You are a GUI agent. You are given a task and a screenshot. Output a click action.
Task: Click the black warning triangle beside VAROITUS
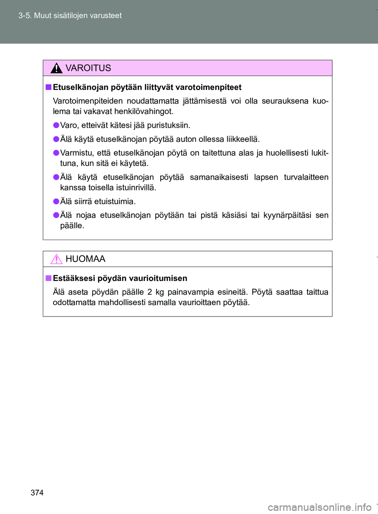56,68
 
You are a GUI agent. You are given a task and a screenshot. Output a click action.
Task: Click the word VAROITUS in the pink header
88,68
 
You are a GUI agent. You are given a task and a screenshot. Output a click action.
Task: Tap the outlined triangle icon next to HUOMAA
56,259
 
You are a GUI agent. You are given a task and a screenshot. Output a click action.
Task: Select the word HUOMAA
85,259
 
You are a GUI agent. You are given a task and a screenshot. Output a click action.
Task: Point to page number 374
37,492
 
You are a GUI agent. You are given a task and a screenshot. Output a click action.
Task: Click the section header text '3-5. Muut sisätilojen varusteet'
70,16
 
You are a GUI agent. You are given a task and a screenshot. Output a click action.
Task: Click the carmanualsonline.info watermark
319,507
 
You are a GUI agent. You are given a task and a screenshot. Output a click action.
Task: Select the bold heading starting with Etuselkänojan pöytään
147,87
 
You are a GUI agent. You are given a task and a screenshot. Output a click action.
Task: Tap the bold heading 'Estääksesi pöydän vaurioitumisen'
120,278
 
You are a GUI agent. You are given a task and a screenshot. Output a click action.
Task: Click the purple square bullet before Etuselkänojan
48,87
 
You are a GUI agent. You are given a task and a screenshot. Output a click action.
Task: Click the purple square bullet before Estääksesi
48,278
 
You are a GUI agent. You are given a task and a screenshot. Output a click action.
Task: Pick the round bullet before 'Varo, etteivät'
56,125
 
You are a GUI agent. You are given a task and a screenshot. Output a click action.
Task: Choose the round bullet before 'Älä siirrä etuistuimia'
56,201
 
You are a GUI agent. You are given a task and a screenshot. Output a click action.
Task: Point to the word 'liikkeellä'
243,139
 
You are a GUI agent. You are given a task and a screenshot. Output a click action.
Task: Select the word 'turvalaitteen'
306,177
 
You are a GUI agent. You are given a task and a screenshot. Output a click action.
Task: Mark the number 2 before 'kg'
150,292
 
